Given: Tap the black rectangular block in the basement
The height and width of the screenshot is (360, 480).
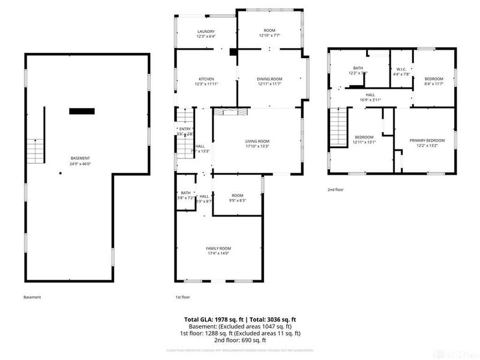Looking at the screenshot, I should [x=82, y=110].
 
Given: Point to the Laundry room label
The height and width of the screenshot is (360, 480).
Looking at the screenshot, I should [x=206, y=32].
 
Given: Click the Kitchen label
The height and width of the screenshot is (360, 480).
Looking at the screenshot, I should [x=206, y=79].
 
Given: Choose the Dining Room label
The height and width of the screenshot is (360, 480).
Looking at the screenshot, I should [x=269, y=79].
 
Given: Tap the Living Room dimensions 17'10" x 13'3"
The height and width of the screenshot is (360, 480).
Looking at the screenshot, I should [x=256, y=146].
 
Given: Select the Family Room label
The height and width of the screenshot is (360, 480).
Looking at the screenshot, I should [x=218, y=248].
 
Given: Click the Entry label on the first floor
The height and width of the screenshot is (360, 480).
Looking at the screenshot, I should [x=184, y=129].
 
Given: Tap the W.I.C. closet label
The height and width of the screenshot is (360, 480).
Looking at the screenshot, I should [x=401, y=70].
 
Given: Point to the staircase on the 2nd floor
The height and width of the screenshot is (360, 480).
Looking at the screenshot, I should [x=340, y=128].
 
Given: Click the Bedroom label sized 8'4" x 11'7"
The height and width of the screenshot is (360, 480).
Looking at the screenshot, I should [x=434, y=79].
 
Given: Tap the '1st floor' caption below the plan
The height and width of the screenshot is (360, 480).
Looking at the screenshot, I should [x=182, y=297].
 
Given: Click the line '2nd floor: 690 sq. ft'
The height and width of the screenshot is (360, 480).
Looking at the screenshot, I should [x=240, y=340].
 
